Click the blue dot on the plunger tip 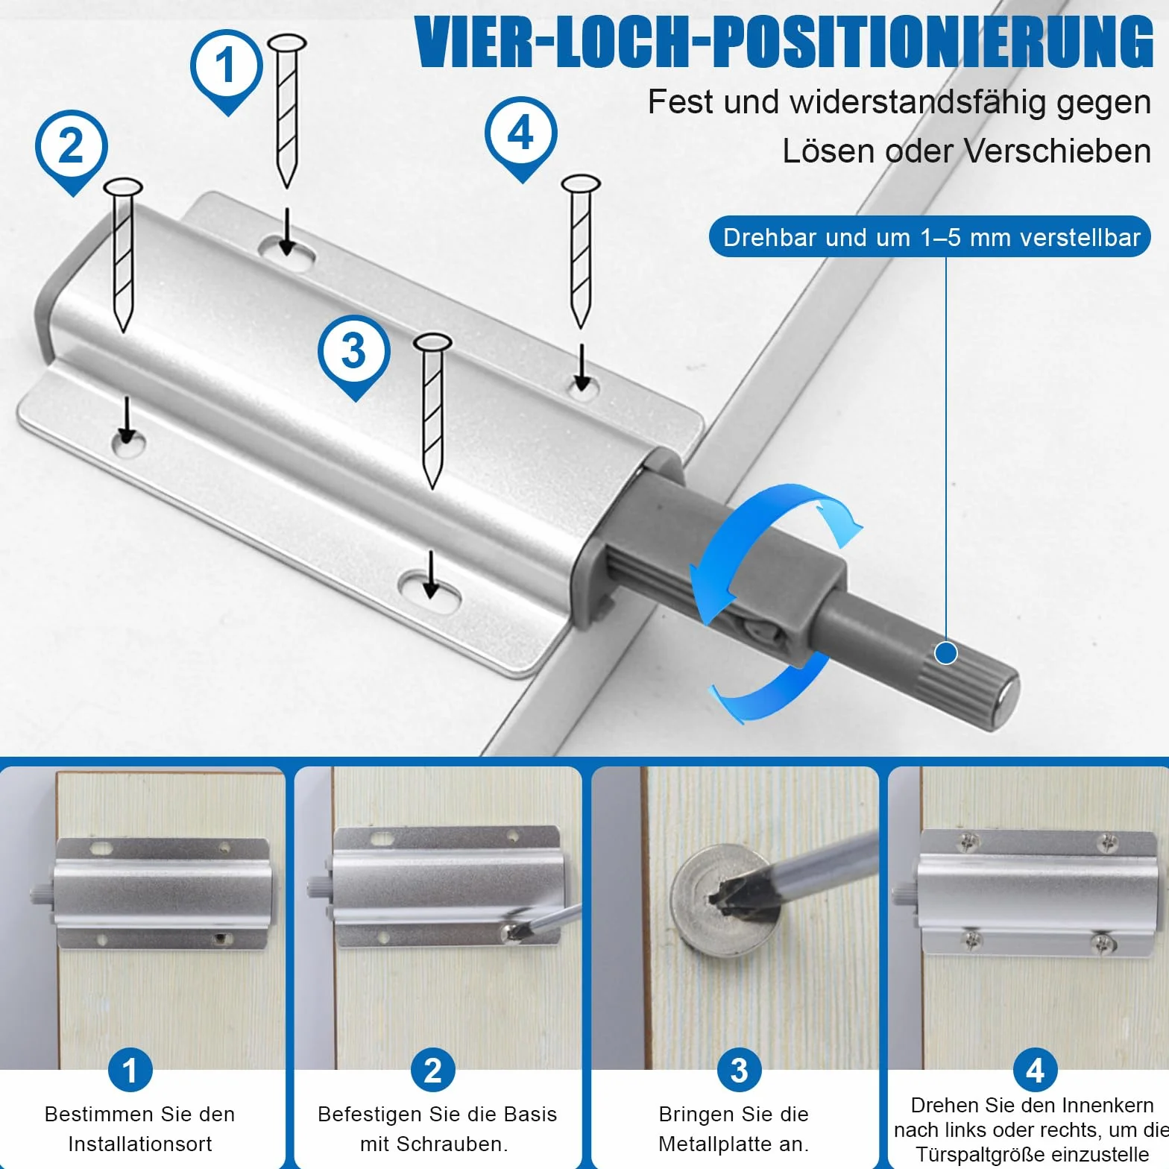tap(946, 653)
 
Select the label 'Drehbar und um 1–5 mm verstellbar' tap(931, 237)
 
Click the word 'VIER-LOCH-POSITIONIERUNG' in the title tap(784, 42)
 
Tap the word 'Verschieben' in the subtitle tap(1059, 151)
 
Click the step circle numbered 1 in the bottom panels tap(130, 1070)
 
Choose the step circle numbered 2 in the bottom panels tap(433, 1070)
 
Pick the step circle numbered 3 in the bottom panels tap(739, 1070)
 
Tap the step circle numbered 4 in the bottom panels tap(1036, 1070)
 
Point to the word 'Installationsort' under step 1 tap(140, 1144)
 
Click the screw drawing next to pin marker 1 tap(287, 110)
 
